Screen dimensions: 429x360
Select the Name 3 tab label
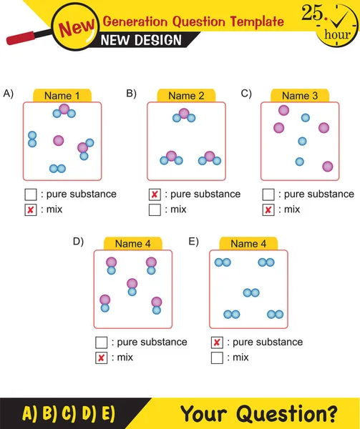click(x=299, y=96)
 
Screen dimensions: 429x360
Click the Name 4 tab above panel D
click(x=132, y=244)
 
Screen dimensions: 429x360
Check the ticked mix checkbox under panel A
click(x=31, y=209)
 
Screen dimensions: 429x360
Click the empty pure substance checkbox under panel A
click(x=31, y=194)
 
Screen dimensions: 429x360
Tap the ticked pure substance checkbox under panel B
click(x=155, y=194)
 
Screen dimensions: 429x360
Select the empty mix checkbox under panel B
click(x=155, y=209)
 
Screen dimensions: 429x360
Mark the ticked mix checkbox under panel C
click(x=268, y=209)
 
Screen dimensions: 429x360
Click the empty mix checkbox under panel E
click(x=217, y=357)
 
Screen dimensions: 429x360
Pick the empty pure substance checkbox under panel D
click(x=101, y=342)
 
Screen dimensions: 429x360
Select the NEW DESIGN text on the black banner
click(x=142, y=40)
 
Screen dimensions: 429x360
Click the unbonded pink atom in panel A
click(x=58, y=140)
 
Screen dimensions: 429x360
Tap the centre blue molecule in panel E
click(x=250, y=292)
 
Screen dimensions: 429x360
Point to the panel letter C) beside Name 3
click(x=246, y=93)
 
